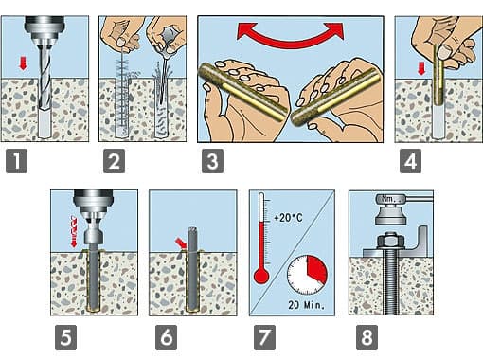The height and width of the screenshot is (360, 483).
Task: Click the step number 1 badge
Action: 16,161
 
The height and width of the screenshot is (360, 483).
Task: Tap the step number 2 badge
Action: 114,161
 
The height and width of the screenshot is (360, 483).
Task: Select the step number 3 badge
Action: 212,161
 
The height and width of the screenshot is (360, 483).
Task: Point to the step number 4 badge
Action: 410,161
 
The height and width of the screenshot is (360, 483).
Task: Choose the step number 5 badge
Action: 65,337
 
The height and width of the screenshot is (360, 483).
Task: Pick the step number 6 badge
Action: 167,337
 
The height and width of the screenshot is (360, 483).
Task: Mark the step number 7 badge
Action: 264,337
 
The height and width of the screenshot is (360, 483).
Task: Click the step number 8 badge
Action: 367,337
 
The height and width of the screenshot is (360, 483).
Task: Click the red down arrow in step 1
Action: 23,63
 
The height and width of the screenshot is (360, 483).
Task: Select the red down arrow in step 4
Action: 421,68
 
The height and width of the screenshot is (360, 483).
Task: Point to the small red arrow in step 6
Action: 181,243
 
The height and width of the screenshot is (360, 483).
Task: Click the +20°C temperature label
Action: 288,218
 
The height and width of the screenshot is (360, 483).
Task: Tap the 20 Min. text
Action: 306,305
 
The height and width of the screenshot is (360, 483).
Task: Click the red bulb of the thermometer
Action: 261,277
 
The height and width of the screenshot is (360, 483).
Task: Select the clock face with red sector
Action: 307,275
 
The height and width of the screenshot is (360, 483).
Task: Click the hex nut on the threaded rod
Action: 391,241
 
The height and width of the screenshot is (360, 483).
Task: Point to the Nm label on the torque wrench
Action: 387,199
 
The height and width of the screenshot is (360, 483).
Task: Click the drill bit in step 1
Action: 45,82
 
